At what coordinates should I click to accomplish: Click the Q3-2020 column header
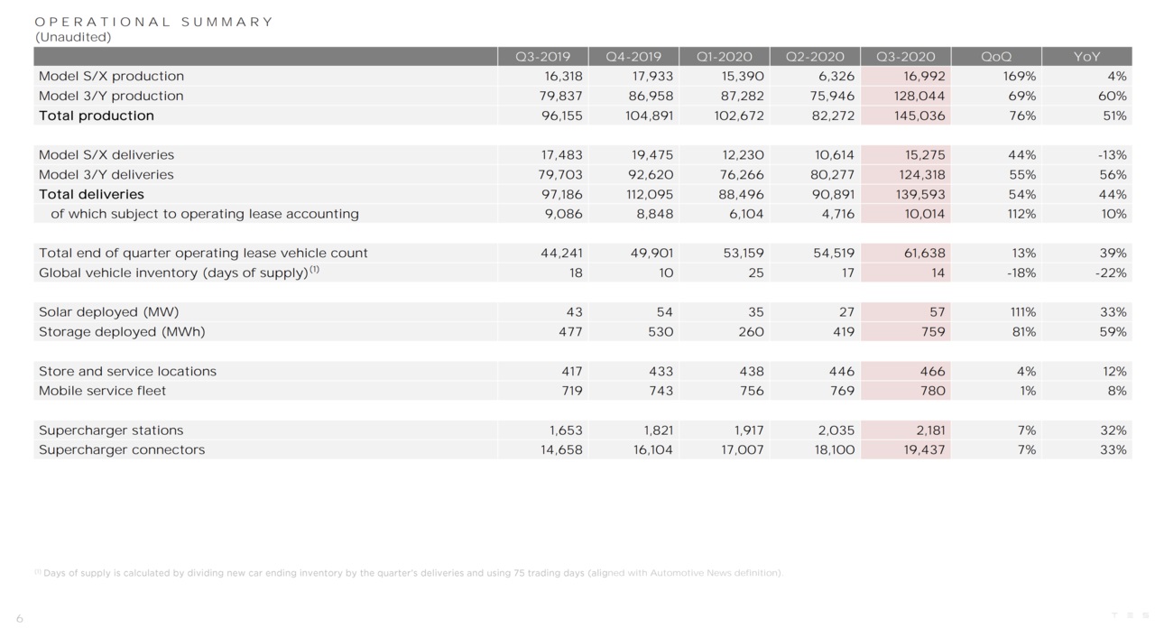click(905, 57)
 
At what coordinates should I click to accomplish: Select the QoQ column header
click(995, 57)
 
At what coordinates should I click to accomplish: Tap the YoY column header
click(1086, 57)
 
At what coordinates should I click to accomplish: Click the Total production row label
click(97, 116)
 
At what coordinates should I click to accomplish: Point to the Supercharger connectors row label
click(122, 449)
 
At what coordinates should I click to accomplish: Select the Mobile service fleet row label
click(102, 391)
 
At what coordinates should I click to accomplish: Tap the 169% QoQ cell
click(1020, 77)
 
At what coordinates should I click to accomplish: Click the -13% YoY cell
click(1112, 155)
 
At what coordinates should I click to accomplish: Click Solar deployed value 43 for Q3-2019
click(573, 312)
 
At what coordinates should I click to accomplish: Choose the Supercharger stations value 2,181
click(926, 430)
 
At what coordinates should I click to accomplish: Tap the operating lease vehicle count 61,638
click(920, 253)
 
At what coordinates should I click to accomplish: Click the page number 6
click(20, 619)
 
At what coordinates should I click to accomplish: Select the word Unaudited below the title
click(73, 37)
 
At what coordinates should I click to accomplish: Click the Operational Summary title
click(153, 22)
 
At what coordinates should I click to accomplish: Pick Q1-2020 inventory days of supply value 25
click(755, 273)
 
